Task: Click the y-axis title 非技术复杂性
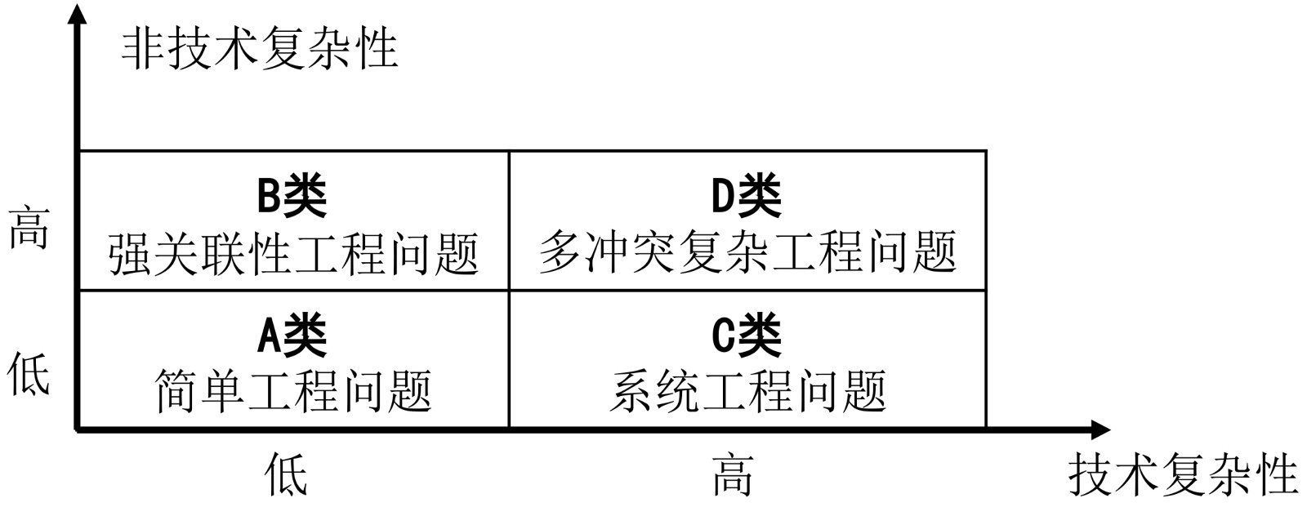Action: tap(260, 49)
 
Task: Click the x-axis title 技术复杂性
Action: tap(1183, 475)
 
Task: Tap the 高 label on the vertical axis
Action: tap(29, 228)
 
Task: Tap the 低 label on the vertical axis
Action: tap(29, 375)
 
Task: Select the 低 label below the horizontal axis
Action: tap(287, 475)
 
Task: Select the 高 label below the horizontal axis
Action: tap(732, 475)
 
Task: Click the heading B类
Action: tap(292, 196)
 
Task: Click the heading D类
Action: tap(747, 196)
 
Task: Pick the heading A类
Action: tap(292, 335)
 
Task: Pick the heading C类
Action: tap(747, 335)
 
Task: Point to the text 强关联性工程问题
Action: tap(293, 253)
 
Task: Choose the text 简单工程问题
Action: tap(293, 391)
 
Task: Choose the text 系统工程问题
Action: tap(747, 391)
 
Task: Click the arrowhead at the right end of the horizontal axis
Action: tap(1100, 429)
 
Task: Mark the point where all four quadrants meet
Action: tap(509, 290)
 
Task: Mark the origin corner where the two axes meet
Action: tap(78, 429)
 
